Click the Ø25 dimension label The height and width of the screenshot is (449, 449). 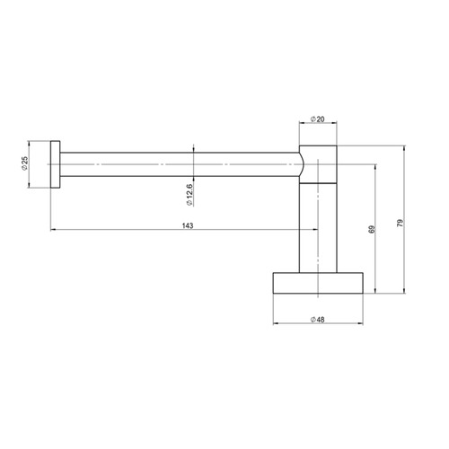pyautogui.click(x=24, y=163)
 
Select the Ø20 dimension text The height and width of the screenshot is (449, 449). pyautogui.click(x=318, y=119)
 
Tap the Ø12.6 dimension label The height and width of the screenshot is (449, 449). pyautogui.click(x=189, y=195)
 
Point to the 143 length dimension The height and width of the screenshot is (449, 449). pyautogui.click(x=188, y=225)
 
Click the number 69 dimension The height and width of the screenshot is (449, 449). pyautogui.click(x=372, y=230)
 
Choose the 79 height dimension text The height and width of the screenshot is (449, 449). pyautogui.click(x=401, y=223)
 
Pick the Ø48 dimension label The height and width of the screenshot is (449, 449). pyautogui.click(x=318, y=320)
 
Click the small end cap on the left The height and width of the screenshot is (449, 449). pyautogui.click(x=55, y=164)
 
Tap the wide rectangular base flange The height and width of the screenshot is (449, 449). pyautogui.click(x=318, y=283)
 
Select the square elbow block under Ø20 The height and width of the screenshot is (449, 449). pyautogui.click(x=318, y=164)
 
